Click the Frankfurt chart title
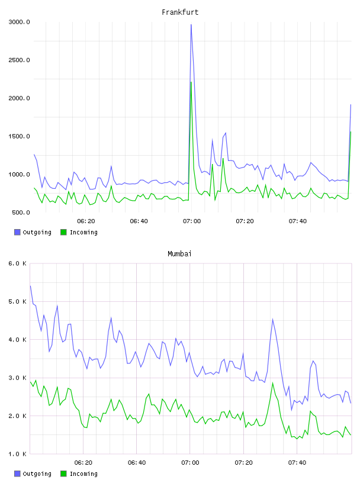click(180, 12)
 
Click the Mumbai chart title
click(179, 254)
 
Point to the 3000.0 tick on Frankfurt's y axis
click(19, 22)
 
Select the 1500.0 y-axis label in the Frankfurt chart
click(19, 136)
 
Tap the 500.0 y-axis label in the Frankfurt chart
click(21, 212)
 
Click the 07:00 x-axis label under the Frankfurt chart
click(192, 221)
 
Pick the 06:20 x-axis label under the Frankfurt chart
click(86, 221)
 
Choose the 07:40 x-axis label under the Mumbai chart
click(297, 462)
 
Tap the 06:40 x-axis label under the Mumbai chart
click(137, 462)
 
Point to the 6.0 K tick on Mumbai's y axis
click(18, 263)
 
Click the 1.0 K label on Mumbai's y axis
click(18, 454)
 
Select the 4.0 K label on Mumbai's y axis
click(18, 339)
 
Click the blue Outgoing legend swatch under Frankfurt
click(17, 232)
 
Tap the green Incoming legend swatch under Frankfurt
click(63, 232)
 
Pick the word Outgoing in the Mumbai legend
click(37, 474)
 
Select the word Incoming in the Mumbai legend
click(83, 474)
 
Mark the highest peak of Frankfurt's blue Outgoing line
click(191, 25)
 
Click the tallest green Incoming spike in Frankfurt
click(191, 82)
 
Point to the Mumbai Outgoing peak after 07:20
click(273, 320)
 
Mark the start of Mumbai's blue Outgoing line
click(30, 286)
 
